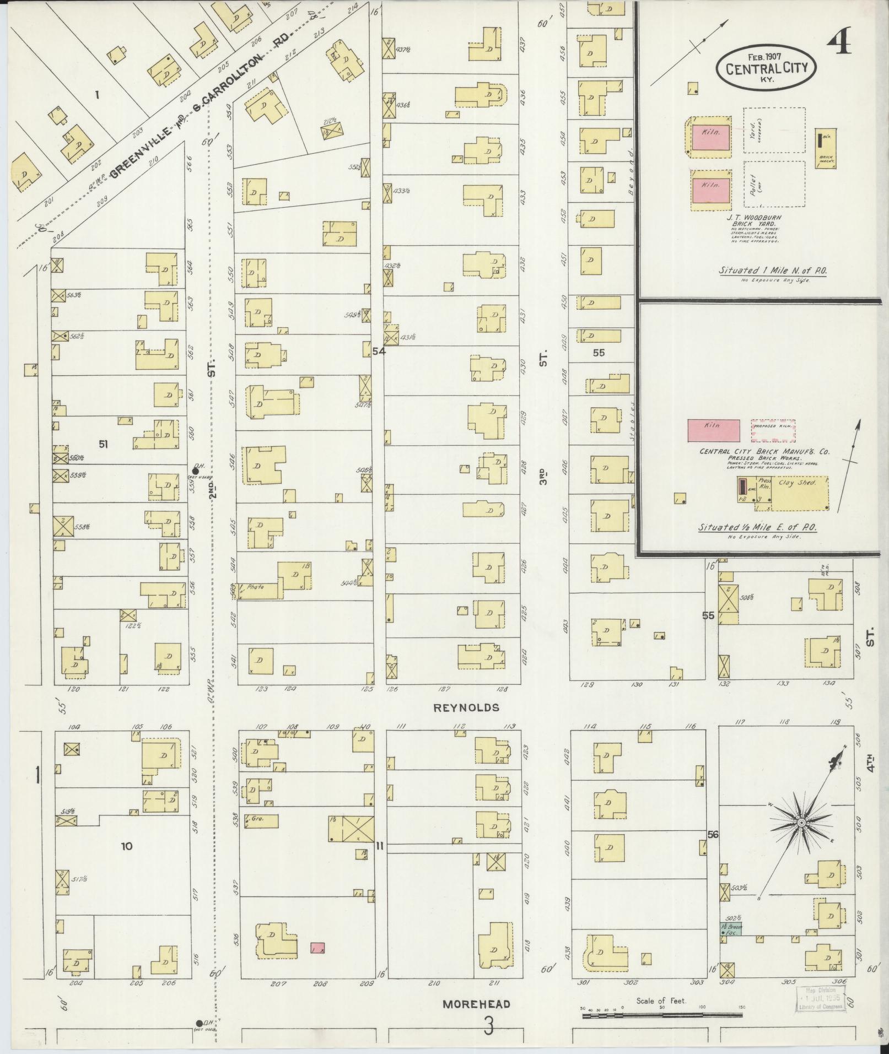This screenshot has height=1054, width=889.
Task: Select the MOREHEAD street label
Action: coord(476,1004)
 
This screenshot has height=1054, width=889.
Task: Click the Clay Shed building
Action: coord(799,494)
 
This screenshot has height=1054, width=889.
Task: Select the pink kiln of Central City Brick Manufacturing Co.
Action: coord(713,430)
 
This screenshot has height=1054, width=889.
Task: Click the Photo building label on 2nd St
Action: coord(255,587)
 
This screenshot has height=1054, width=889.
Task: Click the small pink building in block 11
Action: coord(317,948)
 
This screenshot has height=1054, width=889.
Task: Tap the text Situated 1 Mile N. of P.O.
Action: coord(773,271)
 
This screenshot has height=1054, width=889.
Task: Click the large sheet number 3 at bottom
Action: coord(488,1026)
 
